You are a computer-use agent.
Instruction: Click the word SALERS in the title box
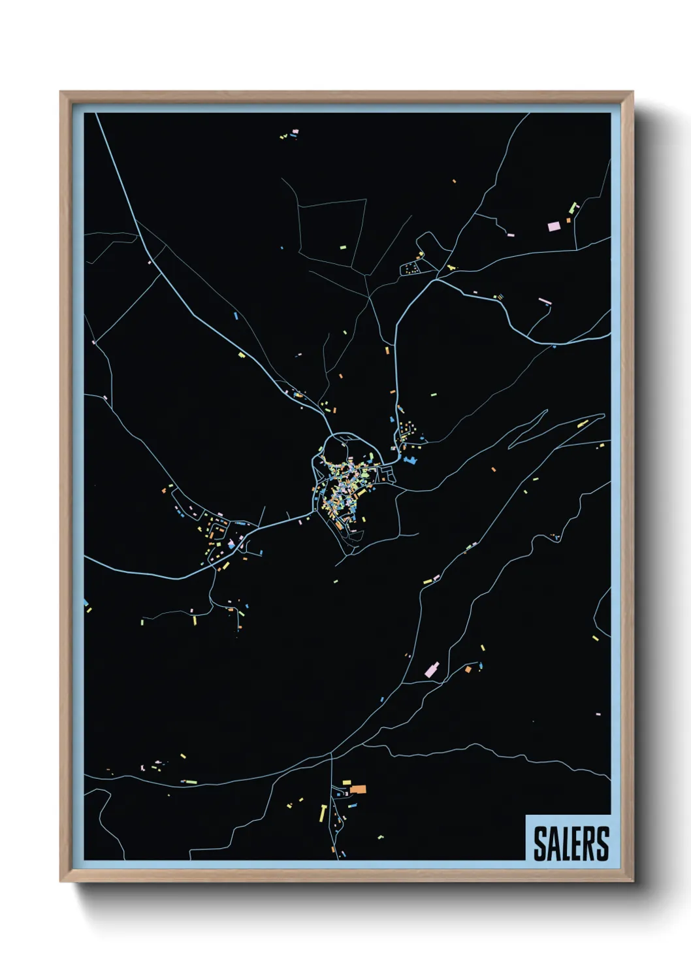(571, 844)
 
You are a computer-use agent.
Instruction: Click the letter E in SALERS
(578, 844)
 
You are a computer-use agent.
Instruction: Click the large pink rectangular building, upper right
(554, 226)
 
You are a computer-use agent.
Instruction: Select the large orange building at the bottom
(358, 789)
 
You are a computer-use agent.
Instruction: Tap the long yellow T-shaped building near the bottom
(323, 813)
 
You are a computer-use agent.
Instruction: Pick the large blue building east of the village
(410, 461)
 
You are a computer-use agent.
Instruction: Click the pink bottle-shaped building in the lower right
(432, 669)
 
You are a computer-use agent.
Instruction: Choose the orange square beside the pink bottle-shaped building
(468, 669)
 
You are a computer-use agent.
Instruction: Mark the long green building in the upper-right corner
(574, 208)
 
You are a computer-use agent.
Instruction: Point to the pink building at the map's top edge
(295, 132)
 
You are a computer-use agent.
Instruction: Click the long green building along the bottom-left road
(191, 781)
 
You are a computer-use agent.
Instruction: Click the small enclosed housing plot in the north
(411, 268)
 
